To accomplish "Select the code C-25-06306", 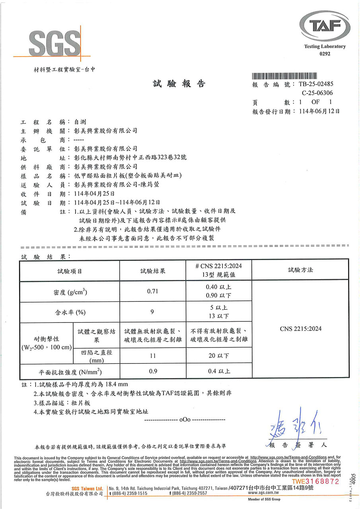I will click(318, 93).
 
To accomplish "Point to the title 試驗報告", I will click(179, 84).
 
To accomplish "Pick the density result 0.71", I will click(153, 291).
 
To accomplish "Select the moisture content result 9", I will click(153, 312).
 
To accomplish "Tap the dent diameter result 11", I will click(153, 356).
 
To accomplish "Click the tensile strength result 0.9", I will click(153, 371).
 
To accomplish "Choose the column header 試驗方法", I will click(300, 270).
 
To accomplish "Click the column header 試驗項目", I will click(70, 271).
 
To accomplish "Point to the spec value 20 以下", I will click(218, 356).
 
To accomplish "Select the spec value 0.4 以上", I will click(218, 371).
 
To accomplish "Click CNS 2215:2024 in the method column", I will click(300, 329).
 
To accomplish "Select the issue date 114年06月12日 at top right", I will click(319, 111).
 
